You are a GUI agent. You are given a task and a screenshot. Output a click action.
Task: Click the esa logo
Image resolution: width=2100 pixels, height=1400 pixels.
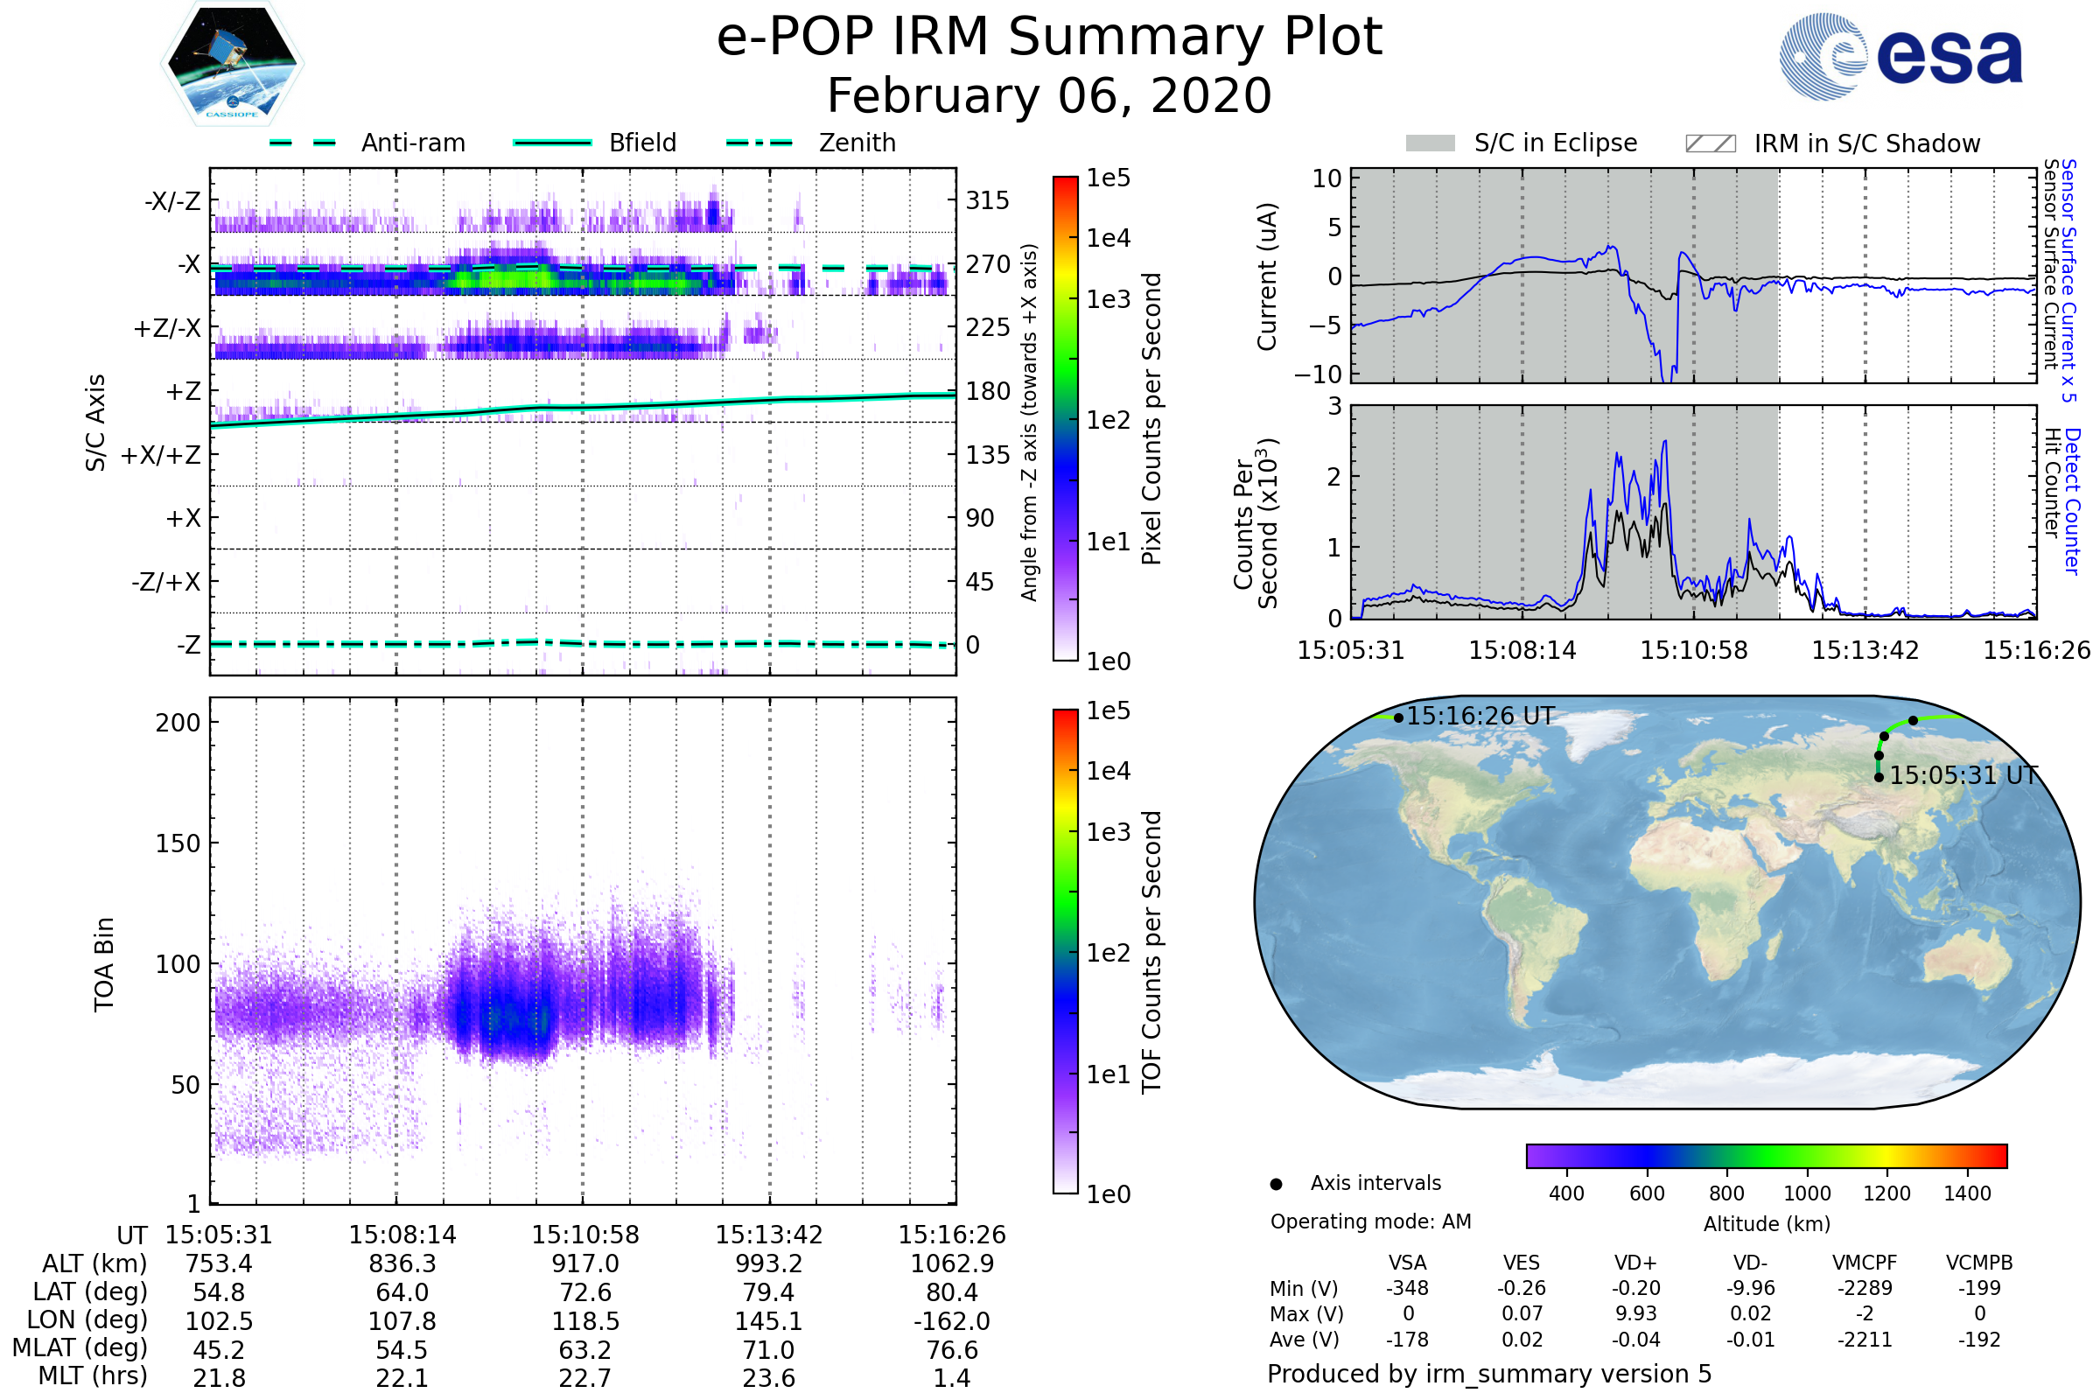point(1901,57)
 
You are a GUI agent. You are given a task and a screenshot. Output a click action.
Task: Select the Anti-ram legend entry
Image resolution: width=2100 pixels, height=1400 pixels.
point(412,143)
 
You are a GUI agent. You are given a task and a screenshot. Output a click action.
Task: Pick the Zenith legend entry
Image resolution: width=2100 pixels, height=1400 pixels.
point(857,143)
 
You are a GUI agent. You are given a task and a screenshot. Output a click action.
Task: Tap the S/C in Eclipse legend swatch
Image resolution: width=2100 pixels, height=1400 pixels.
point(1431,143)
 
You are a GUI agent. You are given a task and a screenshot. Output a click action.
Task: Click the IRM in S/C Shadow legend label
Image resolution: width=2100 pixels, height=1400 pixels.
point(1866,143)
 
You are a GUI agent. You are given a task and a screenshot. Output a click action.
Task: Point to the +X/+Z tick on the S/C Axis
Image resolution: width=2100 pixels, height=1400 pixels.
point(161,455)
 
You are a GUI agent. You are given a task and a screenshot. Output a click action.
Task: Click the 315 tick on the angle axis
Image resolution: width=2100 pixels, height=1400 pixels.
point(988,201)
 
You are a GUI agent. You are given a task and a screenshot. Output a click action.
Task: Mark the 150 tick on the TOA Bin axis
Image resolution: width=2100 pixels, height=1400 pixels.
point(178,843)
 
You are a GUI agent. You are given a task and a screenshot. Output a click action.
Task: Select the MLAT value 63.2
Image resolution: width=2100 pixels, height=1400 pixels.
point(584,1350)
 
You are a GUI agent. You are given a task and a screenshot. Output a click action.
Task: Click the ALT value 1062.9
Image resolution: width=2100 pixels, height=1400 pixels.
point(952,1264)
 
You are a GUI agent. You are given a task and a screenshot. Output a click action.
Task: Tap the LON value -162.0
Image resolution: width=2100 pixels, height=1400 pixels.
point(952,1321)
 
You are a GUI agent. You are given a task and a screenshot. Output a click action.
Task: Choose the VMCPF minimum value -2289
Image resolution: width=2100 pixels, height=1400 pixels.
point(1865,1288)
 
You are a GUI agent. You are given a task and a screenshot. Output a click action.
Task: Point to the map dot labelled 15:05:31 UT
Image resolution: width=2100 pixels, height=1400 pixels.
point(1879,778)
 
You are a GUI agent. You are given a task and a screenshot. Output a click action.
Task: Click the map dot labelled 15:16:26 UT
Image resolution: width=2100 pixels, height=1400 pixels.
point(1398,717)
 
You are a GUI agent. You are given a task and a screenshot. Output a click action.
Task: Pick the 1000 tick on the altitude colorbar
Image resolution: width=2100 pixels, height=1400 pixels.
point(1807,1193)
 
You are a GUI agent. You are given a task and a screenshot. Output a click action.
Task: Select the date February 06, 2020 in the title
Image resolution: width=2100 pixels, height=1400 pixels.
point(1049,95)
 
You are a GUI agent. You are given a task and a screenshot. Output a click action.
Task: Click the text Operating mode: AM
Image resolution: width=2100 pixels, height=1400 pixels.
point(1370,1221)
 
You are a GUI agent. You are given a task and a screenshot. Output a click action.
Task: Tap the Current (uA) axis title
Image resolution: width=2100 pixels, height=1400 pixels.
point(1267,276)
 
